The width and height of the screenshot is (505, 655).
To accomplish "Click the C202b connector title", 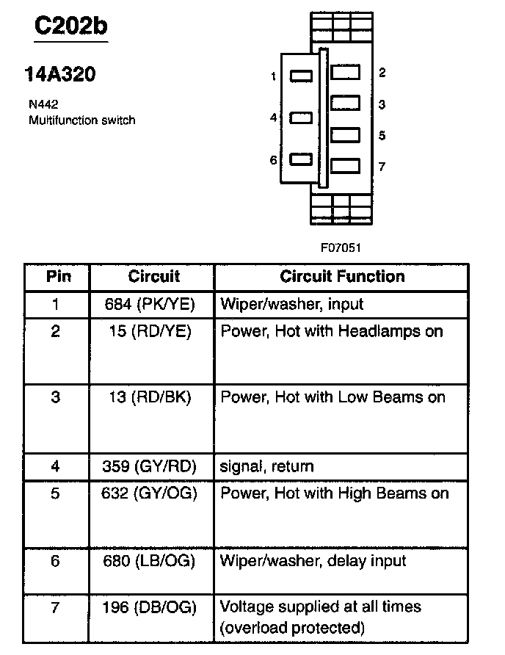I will (71, 27).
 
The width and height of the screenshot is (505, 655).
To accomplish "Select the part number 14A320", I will (60, 75).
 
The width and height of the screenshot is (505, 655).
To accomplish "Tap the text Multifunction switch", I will (81, 120).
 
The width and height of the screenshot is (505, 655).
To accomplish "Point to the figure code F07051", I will (340, 247).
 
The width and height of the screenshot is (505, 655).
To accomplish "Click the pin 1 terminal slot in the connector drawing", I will (302, 76).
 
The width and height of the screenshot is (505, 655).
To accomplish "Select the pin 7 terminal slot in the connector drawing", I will (346, 166).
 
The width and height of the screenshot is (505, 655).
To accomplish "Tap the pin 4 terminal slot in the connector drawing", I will (302, 117).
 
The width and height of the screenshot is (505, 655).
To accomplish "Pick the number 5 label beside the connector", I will (382, 136).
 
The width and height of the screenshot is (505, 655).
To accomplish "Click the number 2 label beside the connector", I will (382, 73).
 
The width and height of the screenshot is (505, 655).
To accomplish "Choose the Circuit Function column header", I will (342, 277).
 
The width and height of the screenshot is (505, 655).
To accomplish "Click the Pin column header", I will (58, 277).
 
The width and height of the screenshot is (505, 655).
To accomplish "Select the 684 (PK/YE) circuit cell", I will (153, 304).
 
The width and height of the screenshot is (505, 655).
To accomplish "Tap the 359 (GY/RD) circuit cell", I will (153, 466).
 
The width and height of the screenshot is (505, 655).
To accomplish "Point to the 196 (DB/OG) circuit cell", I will (153, 607).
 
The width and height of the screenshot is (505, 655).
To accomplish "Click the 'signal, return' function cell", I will (267, 466).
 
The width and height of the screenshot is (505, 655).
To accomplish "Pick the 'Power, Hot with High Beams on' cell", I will (334, 493).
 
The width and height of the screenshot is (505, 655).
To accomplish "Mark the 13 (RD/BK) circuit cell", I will (153, 398).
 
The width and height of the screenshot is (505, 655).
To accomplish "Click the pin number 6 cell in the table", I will (56, 562).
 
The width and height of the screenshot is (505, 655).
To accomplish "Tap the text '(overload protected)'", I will (293, 628).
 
